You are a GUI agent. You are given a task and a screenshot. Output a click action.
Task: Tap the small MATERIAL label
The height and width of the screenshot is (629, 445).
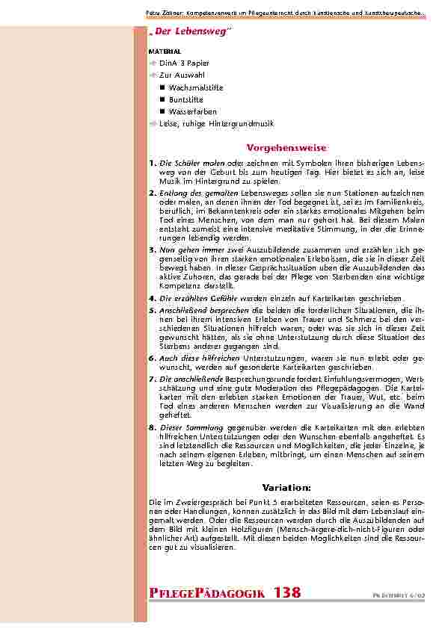(x=165, y=52)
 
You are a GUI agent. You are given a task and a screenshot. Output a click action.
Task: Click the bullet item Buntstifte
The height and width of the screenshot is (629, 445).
(x=185, y=99)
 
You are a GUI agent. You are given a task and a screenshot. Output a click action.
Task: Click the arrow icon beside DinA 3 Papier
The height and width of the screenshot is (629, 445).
(x=153, y=64)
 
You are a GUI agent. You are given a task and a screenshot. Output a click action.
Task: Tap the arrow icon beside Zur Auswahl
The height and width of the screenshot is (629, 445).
(x=153, y=76)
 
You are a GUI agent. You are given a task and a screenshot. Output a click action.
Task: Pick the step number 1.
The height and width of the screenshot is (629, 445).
(x=152, y=162)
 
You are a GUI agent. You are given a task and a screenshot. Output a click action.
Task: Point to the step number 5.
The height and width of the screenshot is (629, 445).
(x=152, y=309)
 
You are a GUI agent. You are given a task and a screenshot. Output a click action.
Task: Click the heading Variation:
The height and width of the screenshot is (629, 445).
(x=286, y=487)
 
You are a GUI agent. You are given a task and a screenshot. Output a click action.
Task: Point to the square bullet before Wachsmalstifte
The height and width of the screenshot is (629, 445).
(x=162, y=88)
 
